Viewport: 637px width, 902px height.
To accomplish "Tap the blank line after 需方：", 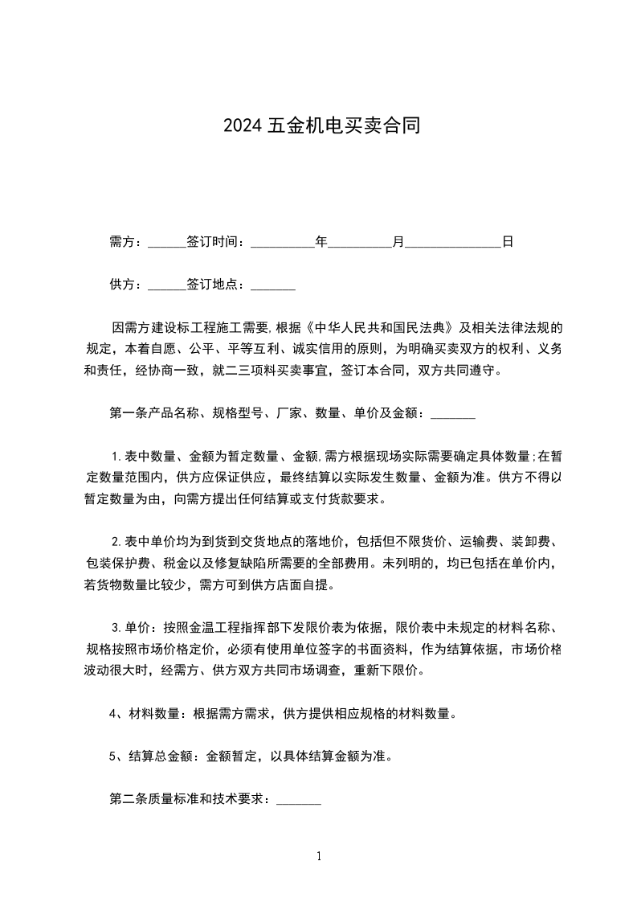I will [167, 241].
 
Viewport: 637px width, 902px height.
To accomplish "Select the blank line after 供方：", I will [167, 285].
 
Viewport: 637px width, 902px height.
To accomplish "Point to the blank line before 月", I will [360, 241].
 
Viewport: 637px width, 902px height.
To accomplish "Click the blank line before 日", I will [453, 241].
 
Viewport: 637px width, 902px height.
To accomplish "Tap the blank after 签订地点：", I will [273, 285].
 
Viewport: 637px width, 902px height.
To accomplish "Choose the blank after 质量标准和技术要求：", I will [299, 800].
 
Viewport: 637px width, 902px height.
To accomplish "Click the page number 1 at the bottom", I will [319, 856].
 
